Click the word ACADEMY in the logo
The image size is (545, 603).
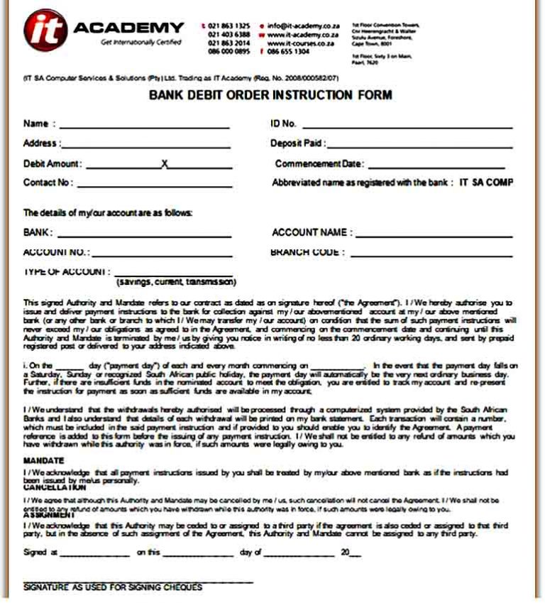tap(128, 28)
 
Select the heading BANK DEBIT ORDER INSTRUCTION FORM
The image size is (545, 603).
tap(270, 95)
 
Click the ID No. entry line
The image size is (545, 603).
tap(407, 127)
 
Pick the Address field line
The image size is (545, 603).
tap(146, 146)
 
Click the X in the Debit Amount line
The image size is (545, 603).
tap(165, 164)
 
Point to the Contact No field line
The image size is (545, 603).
tap(155, 185)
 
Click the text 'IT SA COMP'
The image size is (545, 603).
tap(486, 183)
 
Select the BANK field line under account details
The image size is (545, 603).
tap(145, 236)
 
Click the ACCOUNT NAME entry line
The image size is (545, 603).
tap(433, 236)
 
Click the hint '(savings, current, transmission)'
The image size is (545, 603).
tap(176, 282)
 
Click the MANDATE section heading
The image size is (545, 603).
tap(43, 461)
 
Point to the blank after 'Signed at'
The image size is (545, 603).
tap(95, 555)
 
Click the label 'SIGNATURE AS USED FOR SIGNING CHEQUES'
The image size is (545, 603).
tap(113, 588)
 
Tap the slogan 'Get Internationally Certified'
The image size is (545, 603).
tap(141, 43)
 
